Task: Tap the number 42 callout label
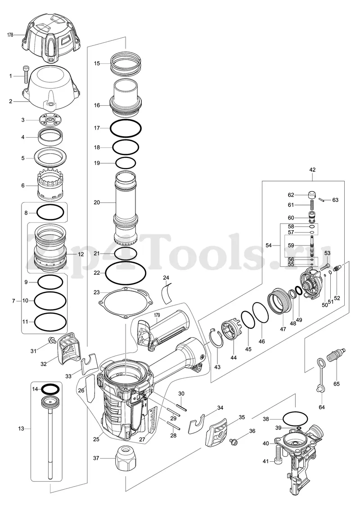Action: click(x=312, y=170)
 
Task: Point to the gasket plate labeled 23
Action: click(x=126, y=302)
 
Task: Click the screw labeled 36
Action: click(x=233, y=442)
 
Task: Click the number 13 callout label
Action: click(x=21, y=429)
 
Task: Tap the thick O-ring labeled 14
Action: click(x=51, y=388)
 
